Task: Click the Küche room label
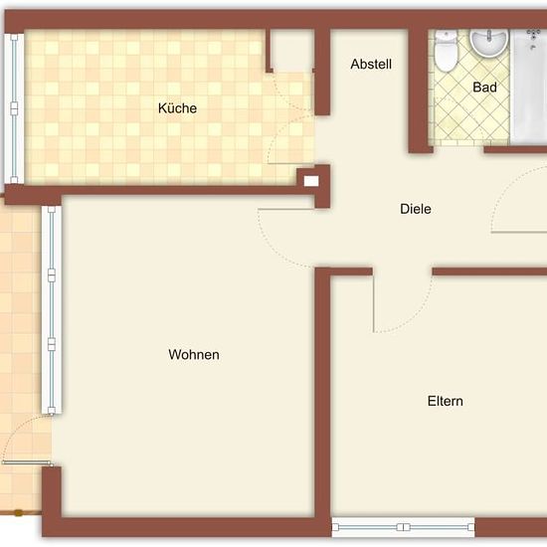[x=177, y=108]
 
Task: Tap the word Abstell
[x=371, y=65]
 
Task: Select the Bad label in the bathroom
[x=484, y=88]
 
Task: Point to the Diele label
[x=416, y=209]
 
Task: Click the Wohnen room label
[x=194, y=354]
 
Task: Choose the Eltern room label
[x=446, y=401]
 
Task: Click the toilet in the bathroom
[x=446, y=51]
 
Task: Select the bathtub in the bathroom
[x=528, y=87]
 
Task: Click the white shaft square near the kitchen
[x=311, y=181]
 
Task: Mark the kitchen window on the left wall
[x=14, y=108]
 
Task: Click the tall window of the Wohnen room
[x=52, y=309]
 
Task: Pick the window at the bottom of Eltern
[x=403, y=527]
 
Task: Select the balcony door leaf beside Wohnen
[x=27, y=462]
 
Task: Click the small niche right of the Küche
[x=292, y=51]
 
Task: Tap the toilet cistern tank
[x=446, y=36]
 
